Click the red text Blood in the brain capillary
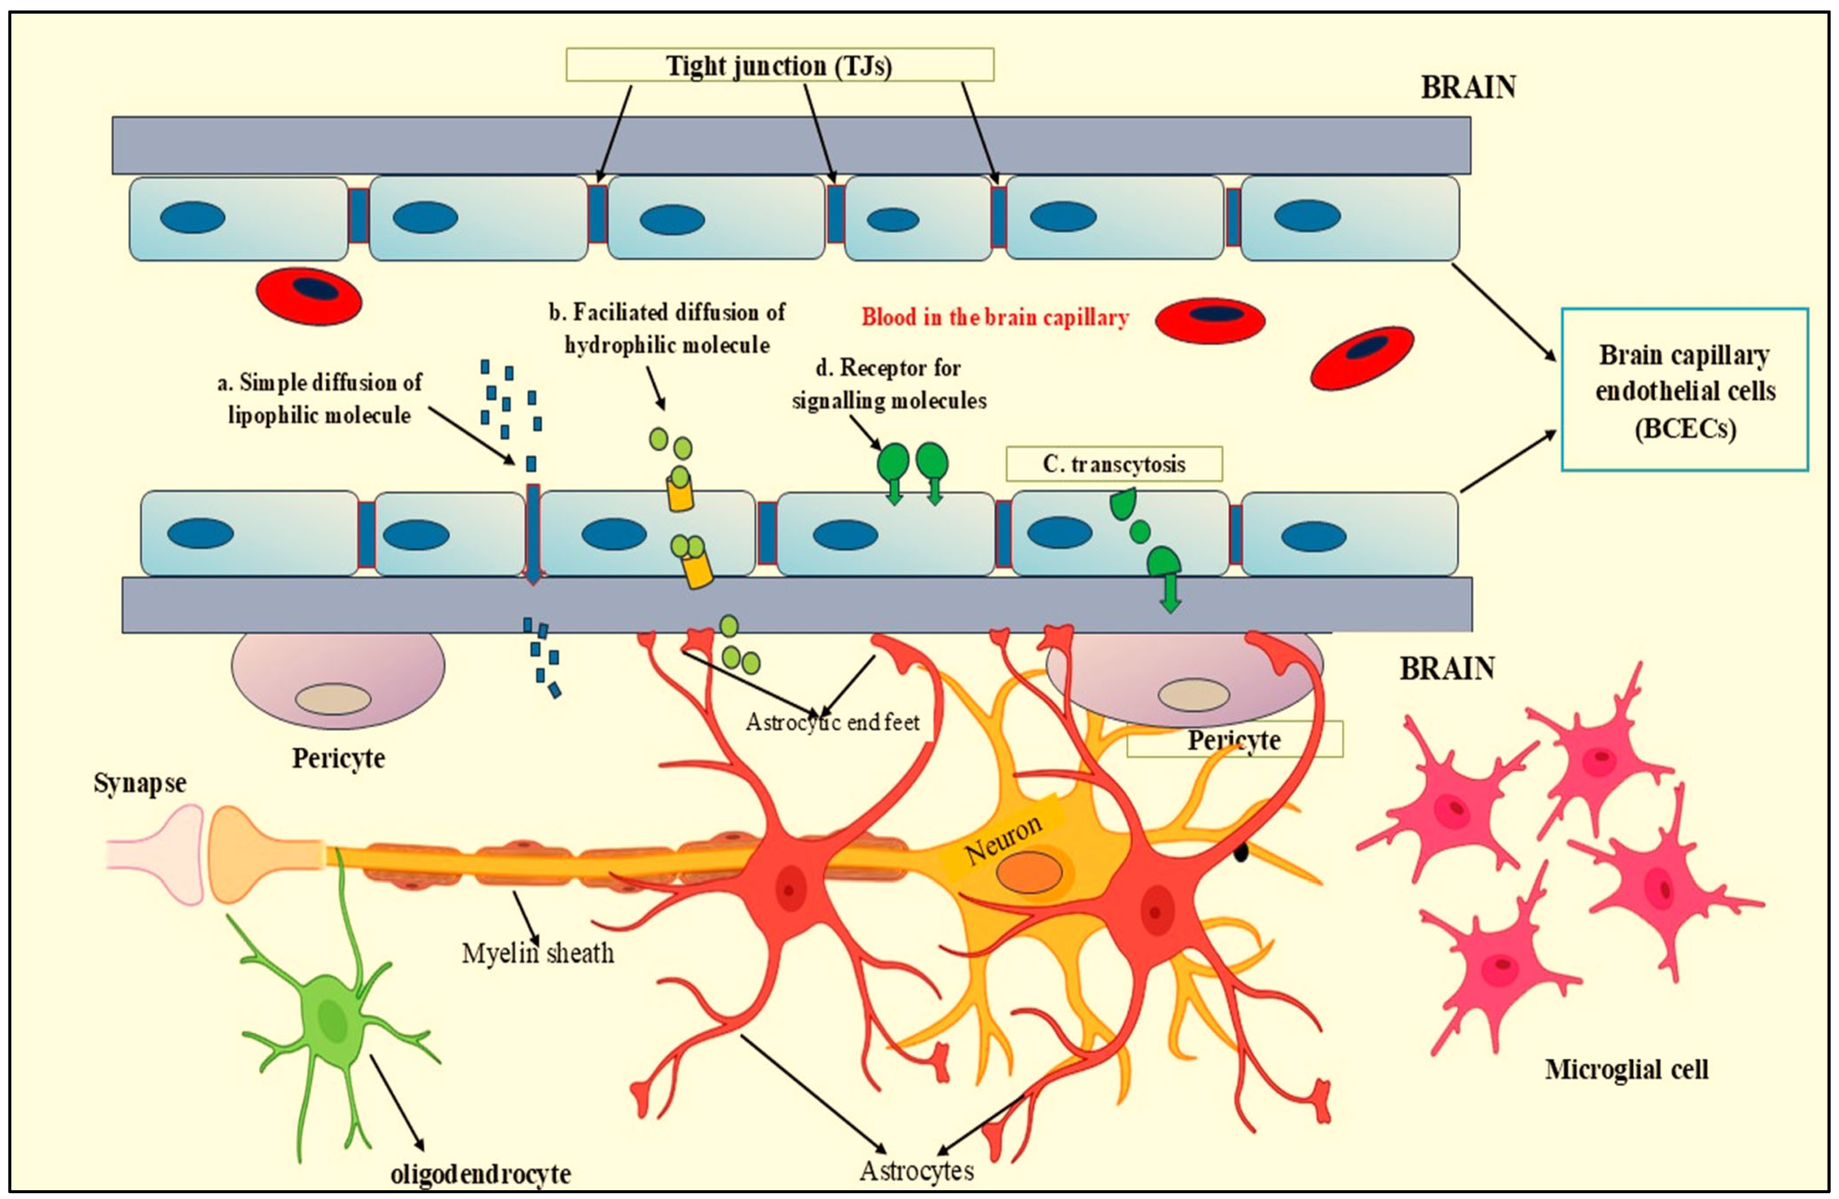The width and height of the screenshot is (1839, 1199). coord(994,317)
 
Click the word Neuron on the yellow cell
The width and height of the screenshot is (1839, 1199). coord(1003,839)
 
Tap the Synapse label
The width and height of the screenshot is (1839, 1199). coord(140,783)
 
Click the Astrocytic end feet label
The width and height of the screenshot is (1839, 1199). coord(832,722)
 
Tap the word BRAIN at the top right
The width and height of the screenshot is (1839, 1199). coord(1468,87)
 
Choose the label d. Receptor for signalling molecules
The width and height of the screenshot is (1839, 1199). coord(889,384)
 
